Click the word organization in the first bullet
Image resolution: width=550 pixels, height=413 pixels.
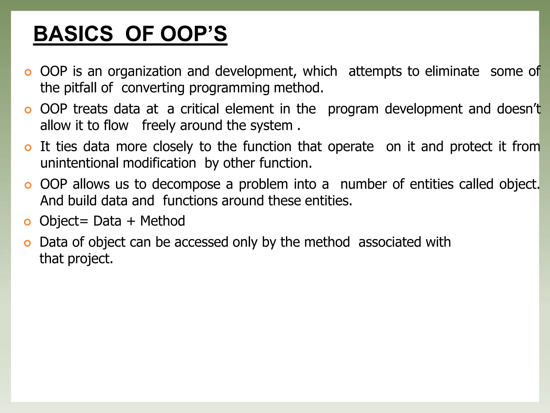click(145, 72)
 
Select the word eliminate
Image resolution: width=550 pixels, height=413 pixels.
click(452, 72)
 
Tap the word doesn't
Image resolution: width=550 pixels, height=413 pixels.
click(519, 109)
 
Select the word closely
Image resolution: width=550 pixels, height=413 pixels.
click(173, 147)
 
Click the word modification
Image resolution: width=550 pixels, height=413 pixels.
click(160, 163)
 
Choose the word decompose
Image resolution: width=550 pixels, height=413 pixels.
click(186, 185)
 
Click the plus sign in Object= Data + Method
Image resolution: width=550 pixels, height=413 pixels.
click(131, 222)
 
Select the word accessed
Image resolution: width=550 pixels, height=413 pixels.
click(201, 242)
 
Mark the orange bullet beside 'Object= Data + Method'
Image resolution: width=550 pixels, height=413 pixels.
click(27, 222)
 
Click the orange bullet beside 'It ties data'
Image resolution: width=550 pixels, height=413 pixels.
click(28, 148)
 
